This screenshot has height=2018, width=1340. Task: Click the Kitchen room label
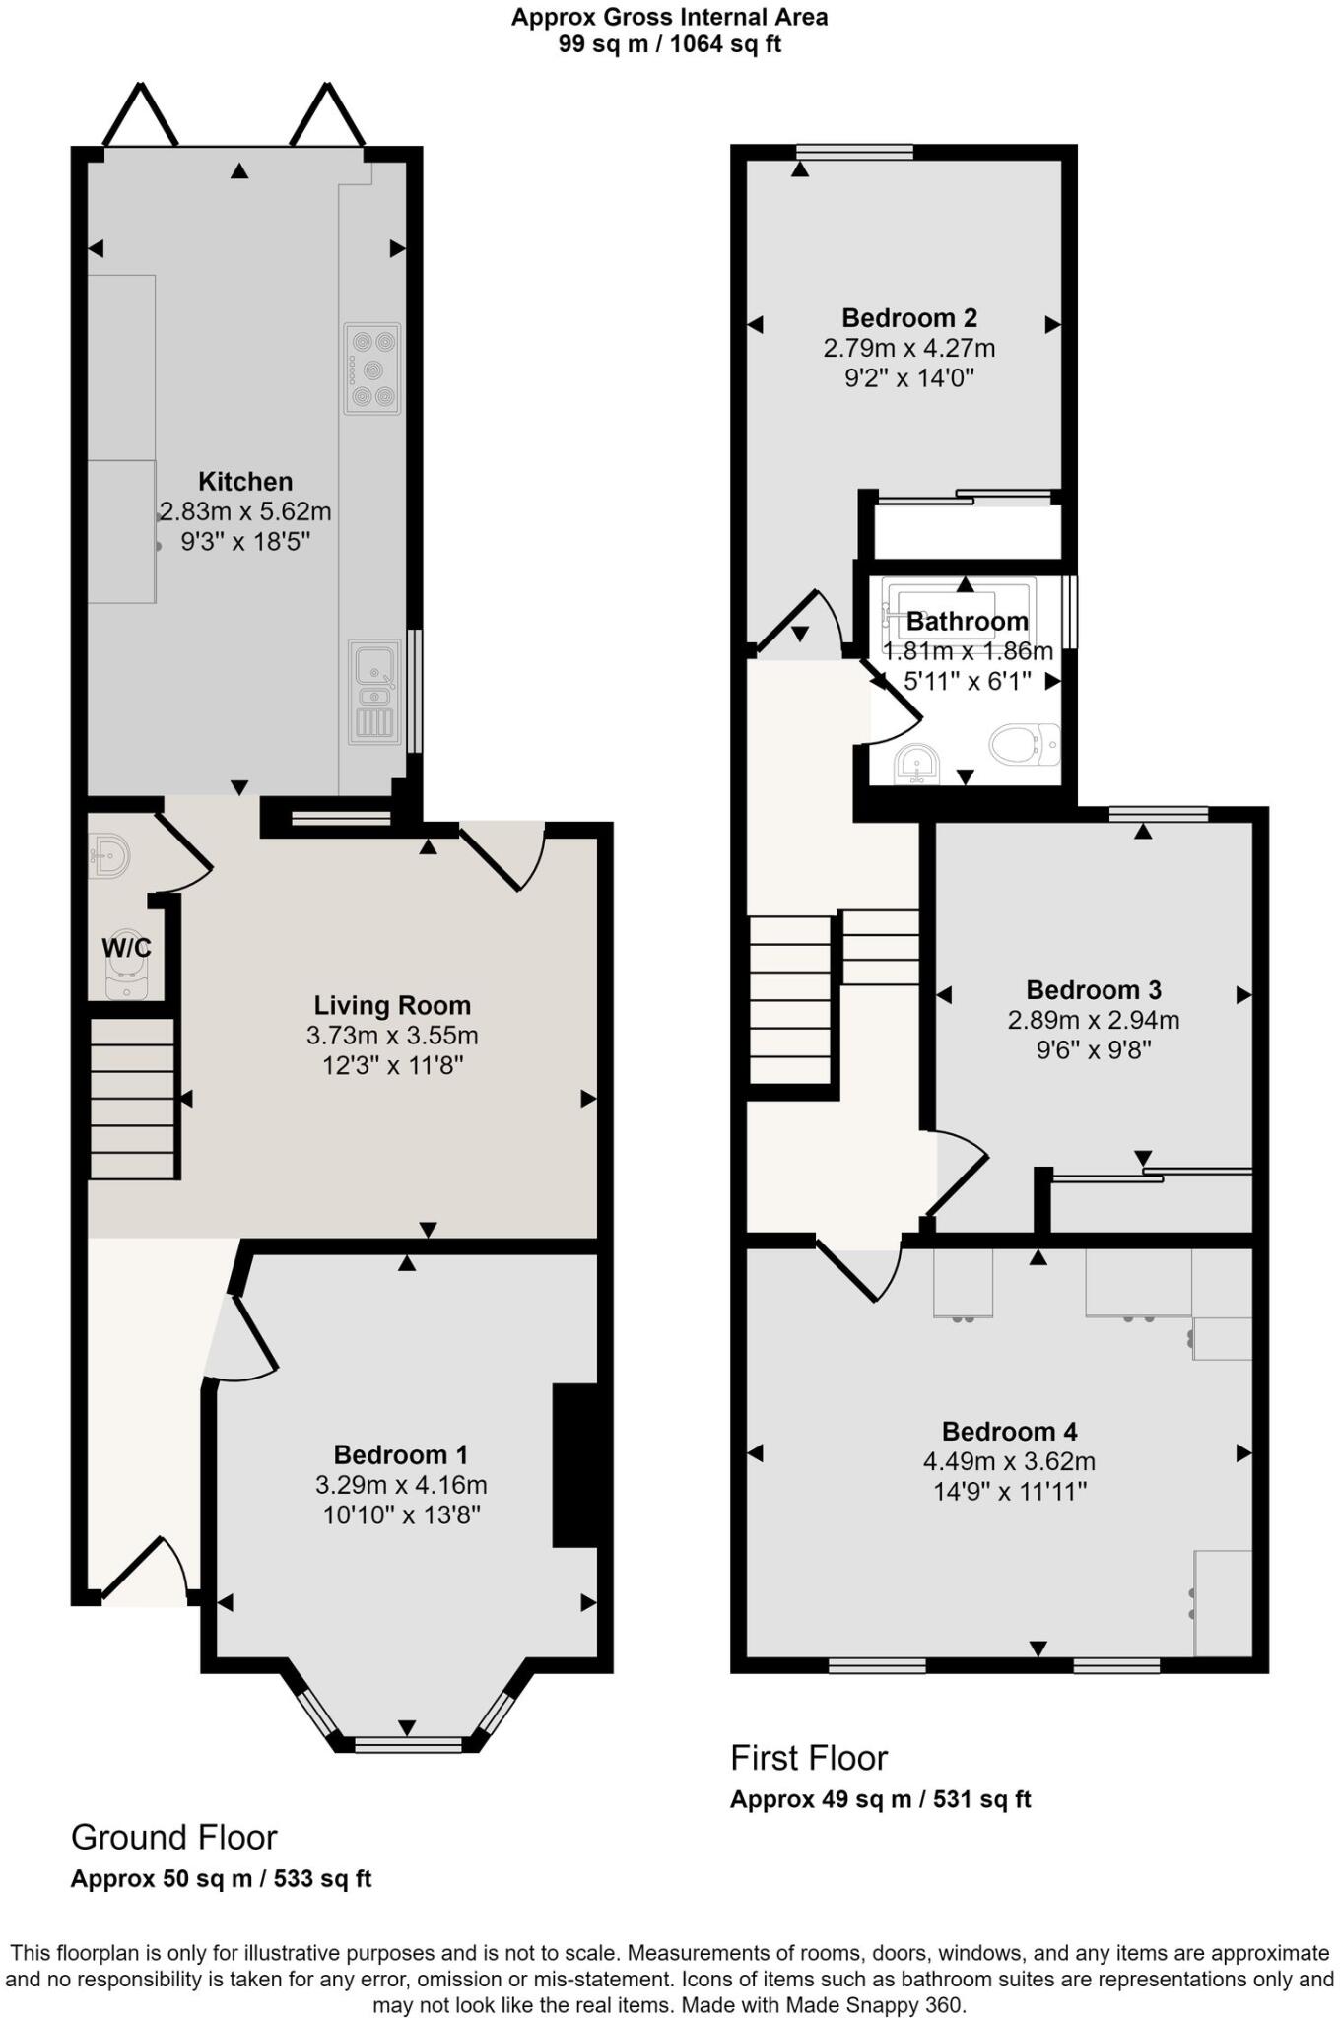pos(245,482)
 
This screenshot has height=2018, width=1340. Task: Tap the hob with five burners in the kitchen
pos(372,369)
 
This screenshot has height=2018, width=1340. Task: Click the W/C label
pos(127,948)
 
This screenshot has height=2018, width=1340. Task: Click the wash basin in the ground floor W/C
pos(108,855)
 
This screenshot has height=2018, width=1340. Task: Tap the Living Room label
pos(392,1005)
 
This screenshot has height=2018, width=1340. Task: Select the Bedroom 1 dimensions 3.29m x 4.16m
pos(401,1485)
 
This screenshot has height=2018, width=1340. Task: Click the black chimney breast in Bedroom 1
pos(575,1465)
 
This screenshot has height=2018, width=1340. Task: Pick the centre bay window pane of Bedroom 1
pos(408,1744)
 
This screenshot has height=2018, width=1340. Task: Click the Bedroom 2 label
pos(909,318)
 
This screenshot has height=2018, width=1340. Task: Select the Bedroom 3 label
pos(1094,989)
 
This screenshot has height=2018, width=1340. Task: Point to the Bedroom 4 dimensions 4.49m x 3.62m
pos(1009,1462)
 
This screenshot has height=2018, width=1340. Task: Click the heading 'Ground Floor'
pos(174,1838)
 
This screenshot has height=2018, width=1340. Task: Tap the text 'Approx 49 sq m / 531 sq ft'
pos(880,1799)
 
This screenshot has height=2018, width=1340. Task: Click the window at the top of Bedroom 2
pos(855,152)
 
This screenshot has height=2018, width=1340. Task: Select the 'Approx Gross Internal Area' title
pos(669,17)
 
